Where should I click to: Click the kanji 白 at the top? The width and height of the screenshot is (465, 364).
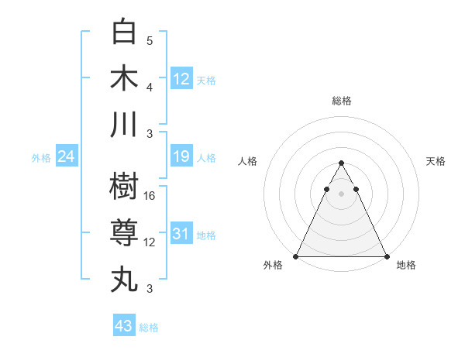pyautogui.click(x=124, y=33)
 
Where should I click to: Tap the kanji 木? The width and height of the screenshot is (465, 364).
pyautogui.click(x=124, y=77)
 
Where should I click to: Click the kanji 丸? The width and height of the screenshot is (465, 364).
pyautogui.click(x=124, y=278)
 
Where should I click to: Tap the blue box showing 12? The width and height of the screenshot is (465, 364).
pyautogui.click(x=181, y=78)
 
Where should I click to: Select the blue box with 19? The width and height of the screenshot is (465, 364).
pyautogui.click(x=181, y=156)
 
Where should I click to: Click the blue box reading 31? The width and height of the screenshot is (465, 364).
pyautogui.click(x=181, y=234)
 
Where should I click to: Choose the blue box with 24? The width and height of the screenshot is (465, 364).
pyautogui.click(x=67, y=156)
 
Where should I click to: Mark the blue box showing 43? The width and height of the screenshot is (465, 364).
pyautogui.click(x=124, y=326)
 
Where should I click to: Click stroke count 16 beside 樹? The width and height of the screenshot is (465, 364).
pyautogui.click(x=150, y=197)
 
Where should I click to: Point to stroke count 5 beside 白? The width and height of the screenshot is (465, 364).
pyautogui.click(x=150, y=40)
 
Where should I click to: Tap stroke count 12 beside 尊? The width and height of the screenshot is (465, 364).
pyautogui.click(x=150, y=242)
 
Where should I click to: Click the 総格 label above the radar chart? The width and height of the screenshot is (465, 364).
pyautogui.click(x=341, y=101)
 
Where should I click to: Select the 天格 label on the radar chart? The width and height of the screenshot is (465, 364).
pyautogui.click(x=436, y=161)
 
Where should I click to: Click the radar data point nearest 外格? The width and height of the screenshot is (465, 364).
pyautogui.click(x=296, y=256)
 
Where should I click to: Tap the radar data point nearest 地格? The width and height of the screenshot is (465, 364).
pyautogui.click(x=386, y=256)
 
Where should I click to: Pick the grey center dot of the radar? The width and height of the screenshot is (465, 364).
pyautogui.click(x=341, y=193)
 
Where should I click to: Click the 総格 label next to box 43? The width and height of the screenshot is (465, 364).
pyautogui.click(x=150, y=328)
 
